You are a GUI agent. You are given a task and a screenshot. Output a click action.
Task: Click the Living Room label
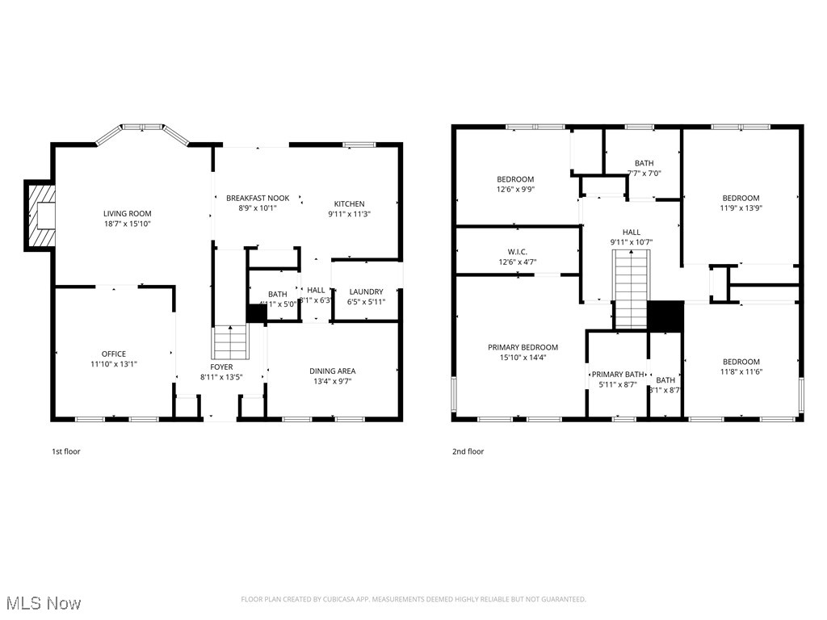click(x=127, y=214)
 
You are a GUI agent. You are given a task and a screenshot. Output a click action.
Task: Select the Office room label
click(x=113, y=354)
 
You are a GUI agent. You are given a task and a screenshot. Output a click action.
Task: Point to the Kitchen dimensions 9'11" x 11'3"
click(x=346, y=215)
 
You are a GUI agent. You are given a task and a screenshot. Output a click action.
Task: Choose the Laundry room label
click(x=366, y=291)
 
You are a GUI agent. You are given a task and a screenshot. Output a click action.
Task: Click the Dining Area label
click(x=332, y=371)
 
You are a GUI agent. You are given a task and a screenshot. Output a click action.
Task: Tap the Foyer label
click(x=221, y=367)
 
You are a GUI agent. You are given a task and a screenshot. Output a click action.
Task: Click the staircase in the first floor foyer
click(x=229, y=343)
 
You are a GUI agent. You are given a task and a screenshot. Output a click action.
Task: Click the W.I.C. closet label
click(x=517, y=251)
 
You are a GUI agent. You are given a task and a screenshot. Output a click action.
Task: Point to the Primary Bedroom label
click(x=523, y=347)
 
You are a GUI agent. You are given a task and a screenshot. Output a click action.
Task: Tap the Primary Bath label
click(x=618, y=375)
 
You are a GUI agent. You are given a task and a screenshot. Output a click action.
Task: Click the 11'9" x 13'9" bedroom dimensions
click(x=741, y=207)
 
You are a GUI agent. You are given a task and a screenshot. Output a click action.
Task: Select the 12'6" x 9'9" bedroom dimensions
click(x=514, y=189)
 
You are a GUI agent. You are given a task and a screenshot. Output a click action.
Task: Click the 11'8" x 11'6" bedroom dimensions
click(x=741, y=371)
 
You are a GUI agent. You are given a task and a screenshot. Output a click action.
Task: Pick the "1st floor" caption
click(x=66, y=451)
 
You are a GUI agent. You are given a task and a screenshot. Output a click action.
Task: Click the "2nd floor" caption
click(x=468, y=451)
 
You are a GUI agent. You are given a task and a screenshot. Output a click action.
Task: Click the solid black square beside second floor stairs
click(x=665, y=316)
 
